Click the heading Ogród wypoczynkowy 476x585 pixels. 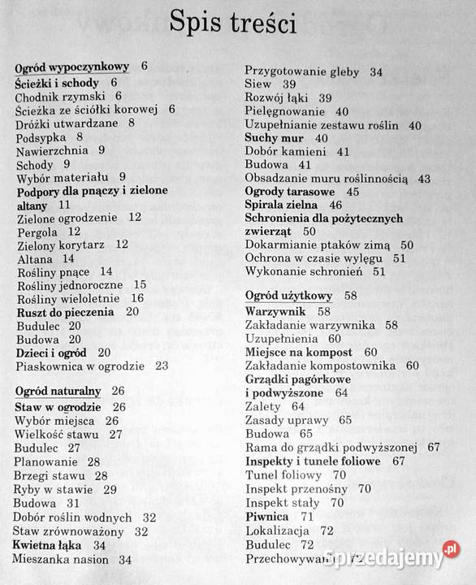coord(71,67)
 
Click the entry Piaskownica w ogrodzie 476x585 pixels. coord(80,366)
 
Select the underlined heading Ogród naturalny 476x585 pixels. coord(58,391)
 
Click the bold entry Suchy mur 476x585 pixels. coord(275,138)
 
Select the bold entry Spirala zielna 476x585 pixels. coord(282,205)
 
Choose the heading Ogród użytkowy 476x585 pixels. coord(288,296)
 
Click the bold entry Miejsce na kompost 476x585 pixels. coord(299,352)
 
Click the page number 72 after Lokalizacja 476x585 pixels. coord(327,531)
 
